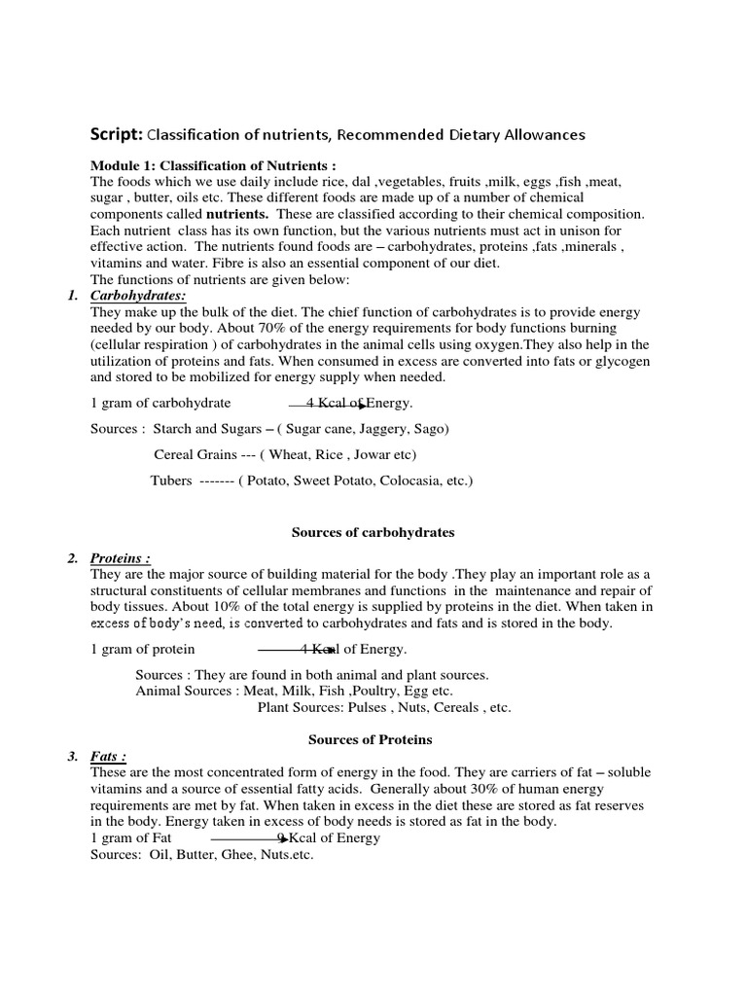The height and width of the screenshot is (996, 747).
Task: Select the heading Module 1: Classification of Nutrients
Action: (213, 166)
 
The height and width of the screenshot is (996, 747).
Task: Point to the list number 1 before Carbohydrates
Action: (73, 296)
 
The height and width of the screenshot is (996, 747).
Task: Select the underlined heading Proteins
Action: (120, 558)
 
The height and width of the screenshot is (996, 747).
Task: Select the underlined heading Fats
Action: (108, 756)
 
